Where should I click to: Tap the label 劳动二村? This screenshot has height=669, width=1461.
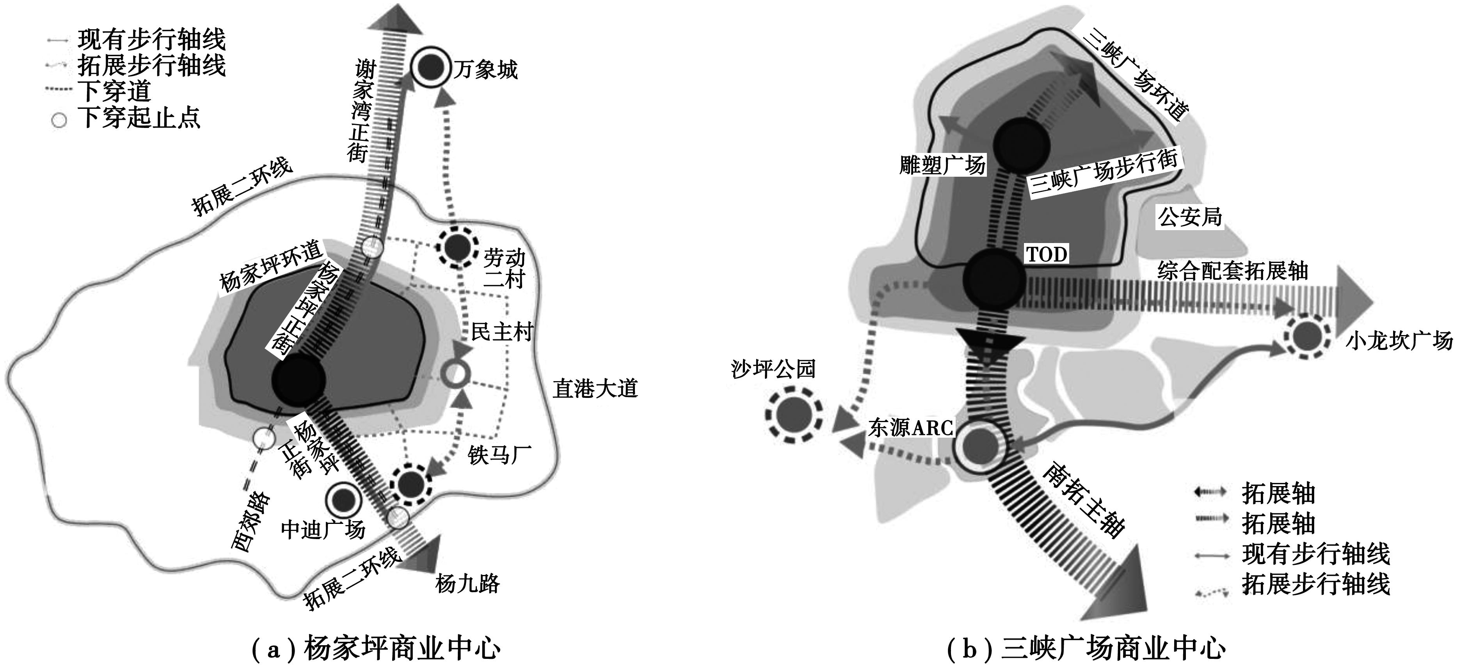click(x=504, y=269)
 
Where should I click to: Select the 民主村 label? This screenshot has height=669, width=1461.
click(x=502, y=331)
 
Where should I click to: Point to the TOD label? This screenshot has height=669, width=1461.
click(x=1047, y=255)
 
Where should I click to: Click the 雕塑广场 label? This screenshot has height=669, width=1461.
click(x=942, y=165)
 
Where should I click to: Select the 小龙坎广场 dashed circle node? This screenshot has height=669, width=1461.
click(x=1307, y=337)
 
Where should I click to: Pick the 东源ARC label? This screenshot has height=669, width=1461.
click(x=910, y=428)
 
